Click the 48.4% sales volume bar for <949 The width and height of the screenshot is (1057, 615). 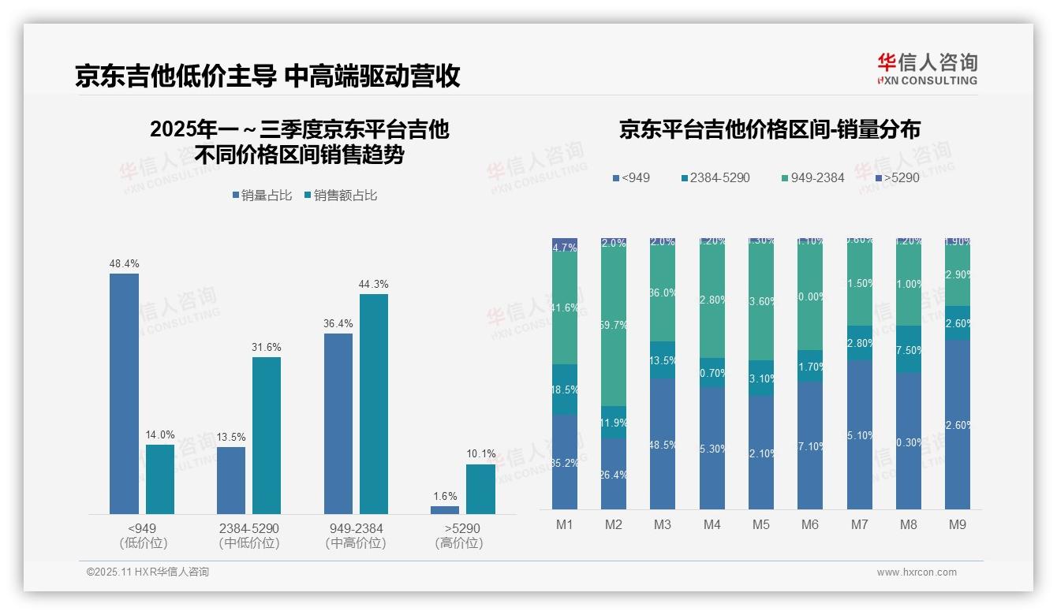coord(124,393)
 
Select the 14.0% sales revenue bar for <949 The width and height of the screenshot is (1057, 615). coord(160,479)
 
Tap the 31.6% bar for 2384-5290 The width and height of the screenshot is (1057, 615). coord(267,435)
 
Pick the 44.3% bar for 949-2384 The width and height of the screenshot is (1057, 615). coord(374,404)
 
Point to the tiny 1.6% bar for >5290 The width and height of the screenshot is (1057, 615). coord(445,510)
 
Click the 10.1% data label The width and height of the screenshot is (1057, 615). coord(481,453)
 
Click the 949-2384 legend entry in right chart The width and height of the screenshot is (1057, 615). coord(812,178)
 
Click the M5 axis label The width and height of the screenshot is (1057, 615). coord(760,524)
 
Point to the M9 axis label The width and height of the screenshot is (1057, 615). coord(957,524)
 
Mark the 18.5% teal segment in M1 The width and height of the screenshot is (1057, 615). coord(565,389)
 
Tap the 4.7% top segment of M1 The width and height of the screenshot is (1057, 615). coord(565,247)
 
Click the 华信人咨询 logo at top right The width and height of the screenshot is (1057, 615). coord(927,69)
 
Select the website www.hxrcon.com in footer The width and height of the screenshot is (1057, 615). coord(917,572)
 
